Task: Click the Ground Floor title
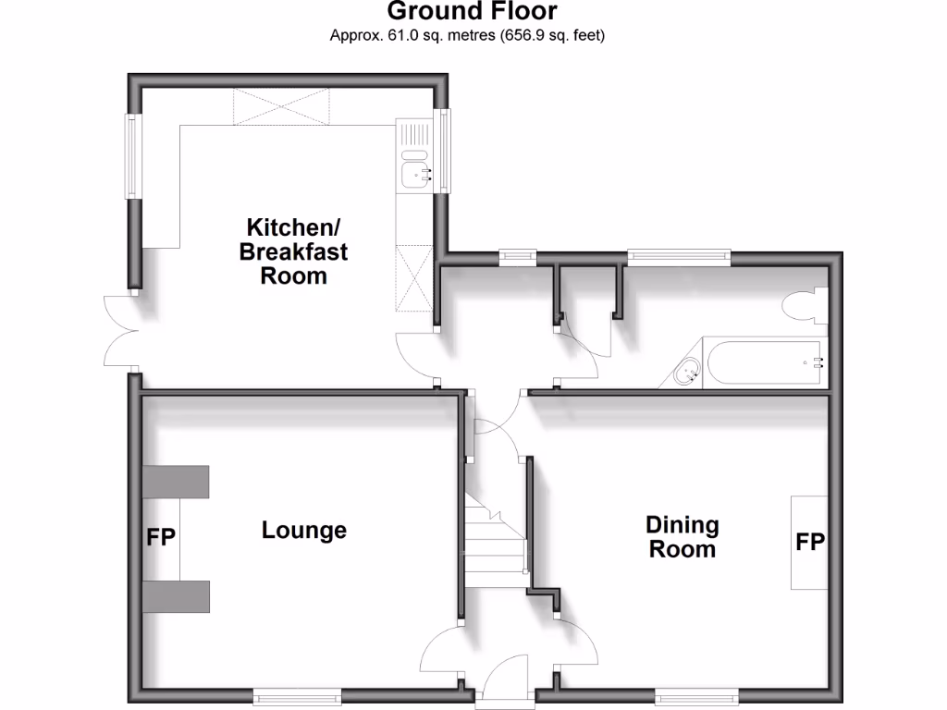(473, 12)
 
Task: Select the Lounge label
(304, 531)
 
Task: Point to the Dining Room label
(683, 537)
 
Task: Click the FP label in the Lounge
(161, 537)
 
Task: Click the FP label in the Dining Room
(810, 542)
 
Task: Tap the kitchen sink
(414, 171)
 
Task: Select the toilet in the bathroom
(801, 306)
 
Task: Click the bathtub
(764, 362)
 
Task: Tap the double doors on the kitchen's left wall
(121, 331)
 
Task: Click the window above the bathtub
(679, 256)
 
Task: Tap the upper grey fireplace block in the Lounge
(177, 482)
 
